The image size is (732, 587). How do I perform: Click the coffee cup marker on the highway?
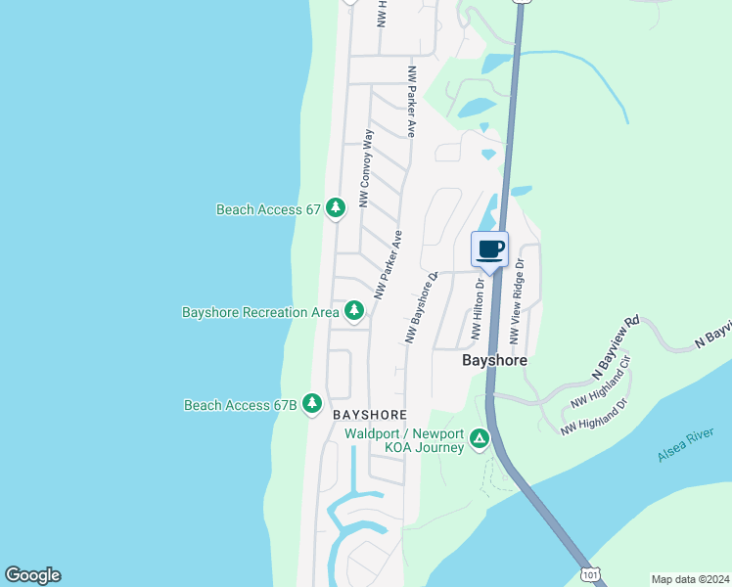pyautogui.click(x=490, y=248)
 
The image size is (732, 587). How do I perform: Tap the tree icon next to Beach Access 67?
pyautogui.click(x=336, y=208)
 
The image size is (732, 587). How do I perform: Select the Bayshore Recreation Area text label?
pyautogui.click(x=259, y=312)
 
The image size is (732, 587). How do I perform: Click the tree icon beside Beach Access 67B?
pyautogui.click(x=312, y=403)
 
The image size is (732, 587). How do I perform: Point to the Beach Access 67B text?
pyautogui.click(x=240, y=405)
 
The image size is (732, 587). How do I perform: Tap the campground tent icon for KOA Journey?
pyautogui.click(x=480, y=437)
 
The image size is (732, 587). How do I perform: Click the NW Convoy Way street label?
pyautogui.click(x=366, y=167)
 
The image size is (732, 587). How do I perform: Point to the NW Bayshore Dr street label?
pyautogui.click(x=421, y=308)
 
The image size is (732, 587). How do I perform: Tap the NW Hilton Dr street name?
pyautogui.click(x=478, y=309)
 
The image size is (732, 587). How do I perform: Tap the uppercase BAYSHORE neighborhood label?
pyautogui.click(x=368, y=415)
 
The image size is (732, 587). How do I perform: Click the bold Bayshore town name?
pyautogui.click(x=494, y=360)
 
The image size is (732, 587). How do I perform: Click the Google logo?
pyautogui.click(x=32, y=575)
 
